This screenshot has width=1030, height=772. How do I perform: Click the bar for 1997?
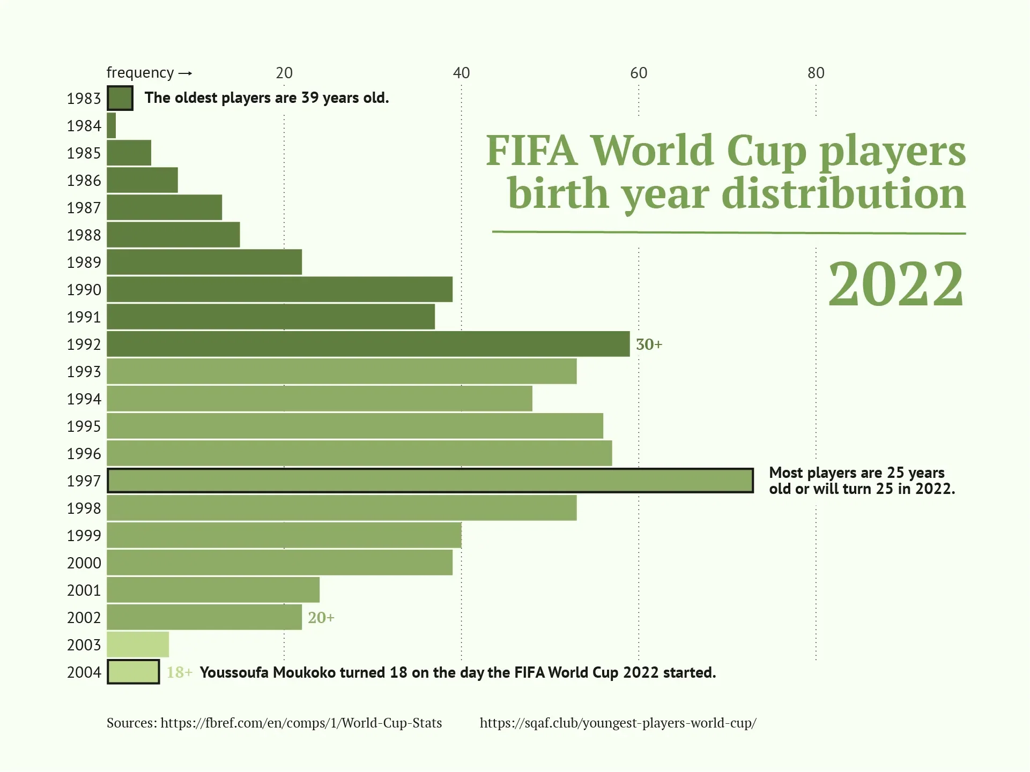pos(430,481)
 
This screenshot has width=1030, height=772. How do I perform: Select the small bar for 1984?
pos(112,125)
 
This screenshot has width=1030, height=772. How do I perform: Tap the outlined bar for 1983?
pos(120,98)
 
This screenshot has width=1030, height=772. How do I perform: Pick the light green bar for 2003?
pos(138,644)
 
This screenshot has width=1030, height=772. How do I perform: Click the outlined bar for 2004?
pos(134,672)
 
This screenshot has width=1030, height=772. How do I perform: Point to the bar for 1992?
pos(368,344)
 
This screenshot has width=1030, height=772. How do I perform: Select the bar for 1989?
pos(204,262)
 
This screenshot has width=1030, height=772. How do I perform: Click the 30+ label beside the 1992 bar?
pos(649,344)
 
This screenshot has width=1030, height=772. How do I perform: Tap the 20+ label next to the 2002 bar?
pos(321,618)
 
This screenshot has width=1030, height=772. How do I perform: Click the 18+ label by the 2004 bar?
pos(179,672)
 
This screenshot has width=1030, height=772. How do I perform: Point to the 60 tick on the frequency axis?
pos(638,73)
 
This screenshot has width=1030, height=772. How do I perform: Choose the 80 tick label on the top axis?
pos(816,73)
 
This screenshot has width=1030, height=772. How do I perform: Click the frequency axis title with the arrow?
pos(149,72)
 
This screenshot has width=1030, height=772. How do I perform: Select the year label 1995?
pos(84,426)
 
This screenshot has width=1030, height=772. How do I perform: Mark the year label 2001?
pos(84,590)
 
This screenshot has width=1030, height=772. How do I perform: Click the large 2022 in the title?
pos(895,284)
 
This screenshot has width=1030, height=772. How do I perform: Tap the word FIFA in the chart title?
pos(531,151)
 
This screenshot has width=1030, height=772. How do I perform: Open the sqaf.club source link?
pos(618,723)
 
